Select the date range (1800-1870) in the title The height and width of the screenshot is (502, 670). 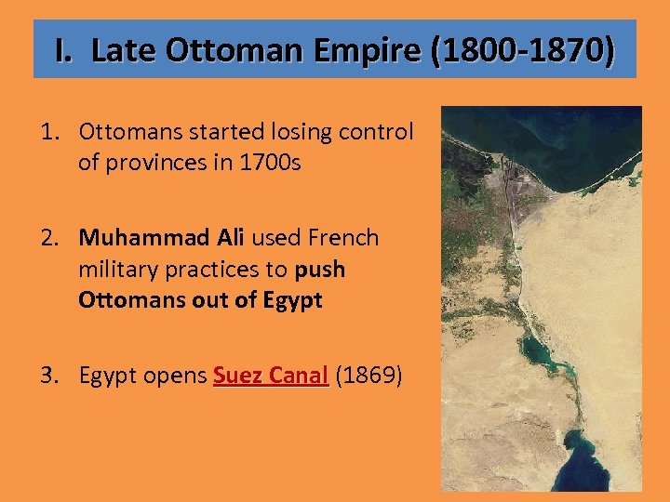pyautogui.click(x=522, y=50)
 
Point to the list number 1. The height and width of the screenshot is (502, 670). pyautogui.click(x=49, y=132)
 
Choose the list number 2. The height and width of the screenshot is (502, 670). pyautogui.click(x=50, y=238)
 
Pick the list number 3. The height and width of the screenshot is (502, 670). pyautogui.click(x=50, y=376)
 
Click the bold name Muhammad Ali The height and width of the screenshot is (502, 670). pyautogui.click(x=161, y=238)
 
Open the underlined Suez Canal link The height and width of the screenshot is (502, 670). pyautogui.click(x=271, y=376)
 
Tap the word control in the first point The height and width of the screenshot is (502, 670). pyautogui.click(x=375, y=132)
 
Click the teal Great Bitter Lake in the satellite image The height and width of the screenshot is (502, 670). pyautogui.click(x=543, y=351)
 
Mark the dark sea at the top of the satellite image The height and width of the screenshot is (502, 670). pyautogui.click(x=558, y=139)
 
